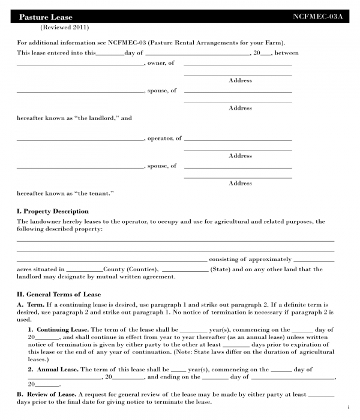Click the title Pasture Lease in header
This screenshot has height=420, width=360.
(46, 17)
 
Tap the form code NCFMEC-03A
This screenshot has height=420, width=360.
(317, 17)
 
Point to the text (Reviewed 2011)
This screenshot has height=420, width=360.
(64, 28)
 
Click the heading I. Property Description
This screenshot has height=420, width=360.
(53, 211)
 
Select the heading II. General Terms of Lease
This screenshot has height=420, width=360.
(59, 295)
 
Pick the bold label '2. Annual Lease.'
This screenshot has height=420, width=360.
(53, 370)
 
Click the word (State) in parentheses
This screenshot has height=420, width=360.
(220, 269)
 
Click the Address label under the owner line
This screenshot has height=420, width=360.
(240, 80)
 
